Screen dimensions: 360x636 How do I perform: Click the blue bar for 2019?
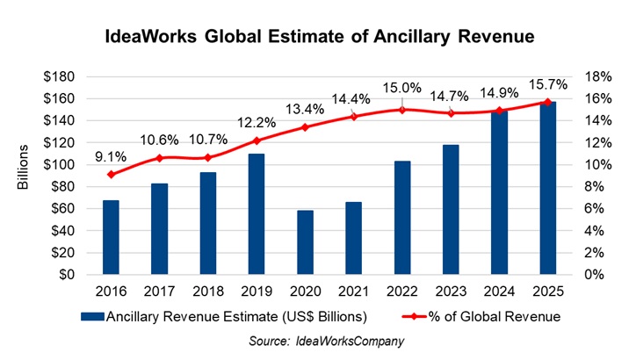pyautogui.click(x=257, y=214)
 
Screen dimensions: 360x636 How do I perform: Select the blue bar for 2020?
pyautogui.click(x=305, y=242)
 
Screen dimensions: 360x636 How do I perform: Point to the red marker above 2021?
pyautogui.click(x=353, y=116)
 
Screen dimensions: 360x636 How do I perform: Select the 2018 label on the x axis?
pyautogui.click(x=208, y=292)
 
